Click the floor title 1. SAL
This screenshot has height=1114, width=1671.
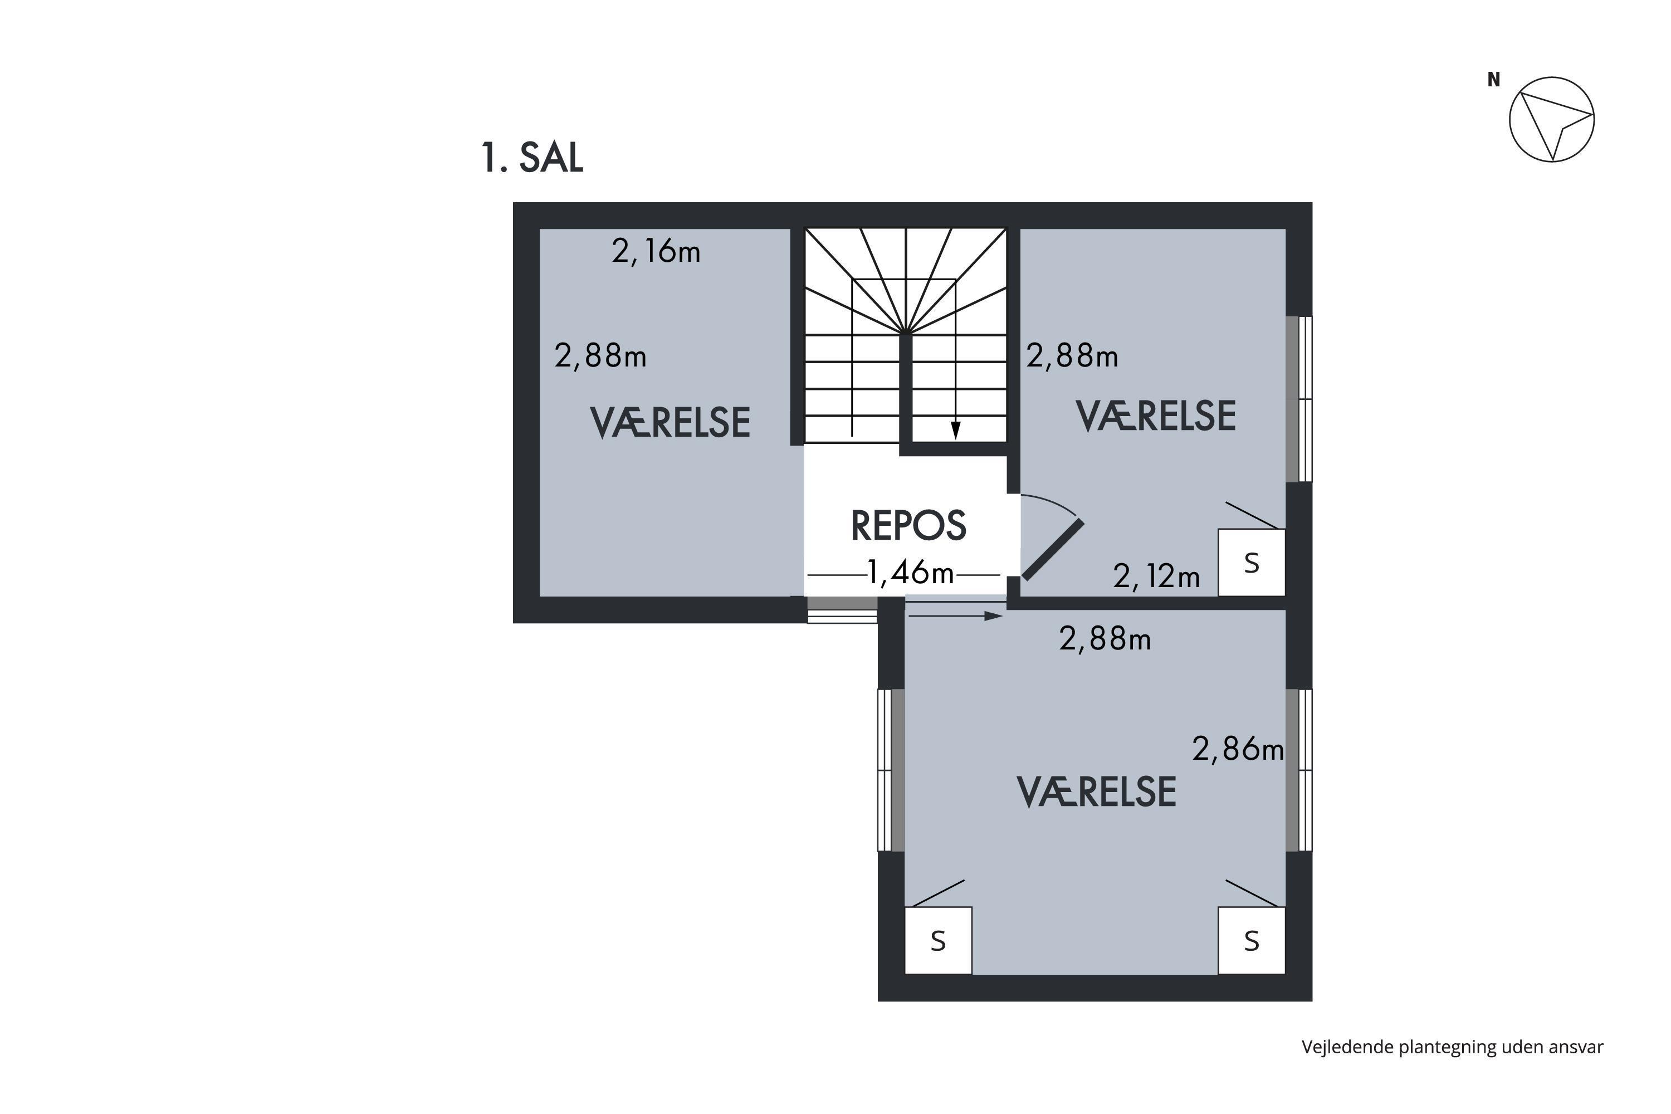(532, 158)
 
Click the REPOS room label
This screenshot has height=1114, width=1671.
(908, 526)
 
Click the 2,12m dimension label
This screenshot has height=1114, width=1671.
(1157, 576)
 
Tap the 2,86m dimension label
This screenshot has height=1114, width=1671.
(1238, 749)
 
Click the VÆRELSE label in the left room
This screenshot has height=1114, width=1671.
(670, 423)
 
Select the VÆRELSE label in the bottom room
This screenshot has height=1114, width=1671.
(1096, 792)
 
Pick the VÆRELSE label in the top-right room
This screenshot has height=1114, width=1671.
(1156, 416)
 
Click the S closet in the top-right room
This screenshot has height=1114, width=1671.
(1251, 562)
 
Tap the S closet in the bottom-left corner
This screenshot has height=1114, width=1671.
(938, 940)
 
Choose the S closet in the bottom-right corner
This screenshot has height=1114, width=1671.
(1251, 940)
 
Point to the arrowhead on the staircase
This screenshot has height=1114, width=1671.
(956, 431)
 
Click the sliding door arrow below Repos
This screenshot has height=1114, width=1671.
(956, 616)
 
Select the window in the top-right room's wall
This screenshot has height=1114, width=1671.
(1299, 399)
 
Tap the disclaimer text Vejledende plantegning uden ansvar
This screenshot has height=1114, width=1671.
(1452, 1047)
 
